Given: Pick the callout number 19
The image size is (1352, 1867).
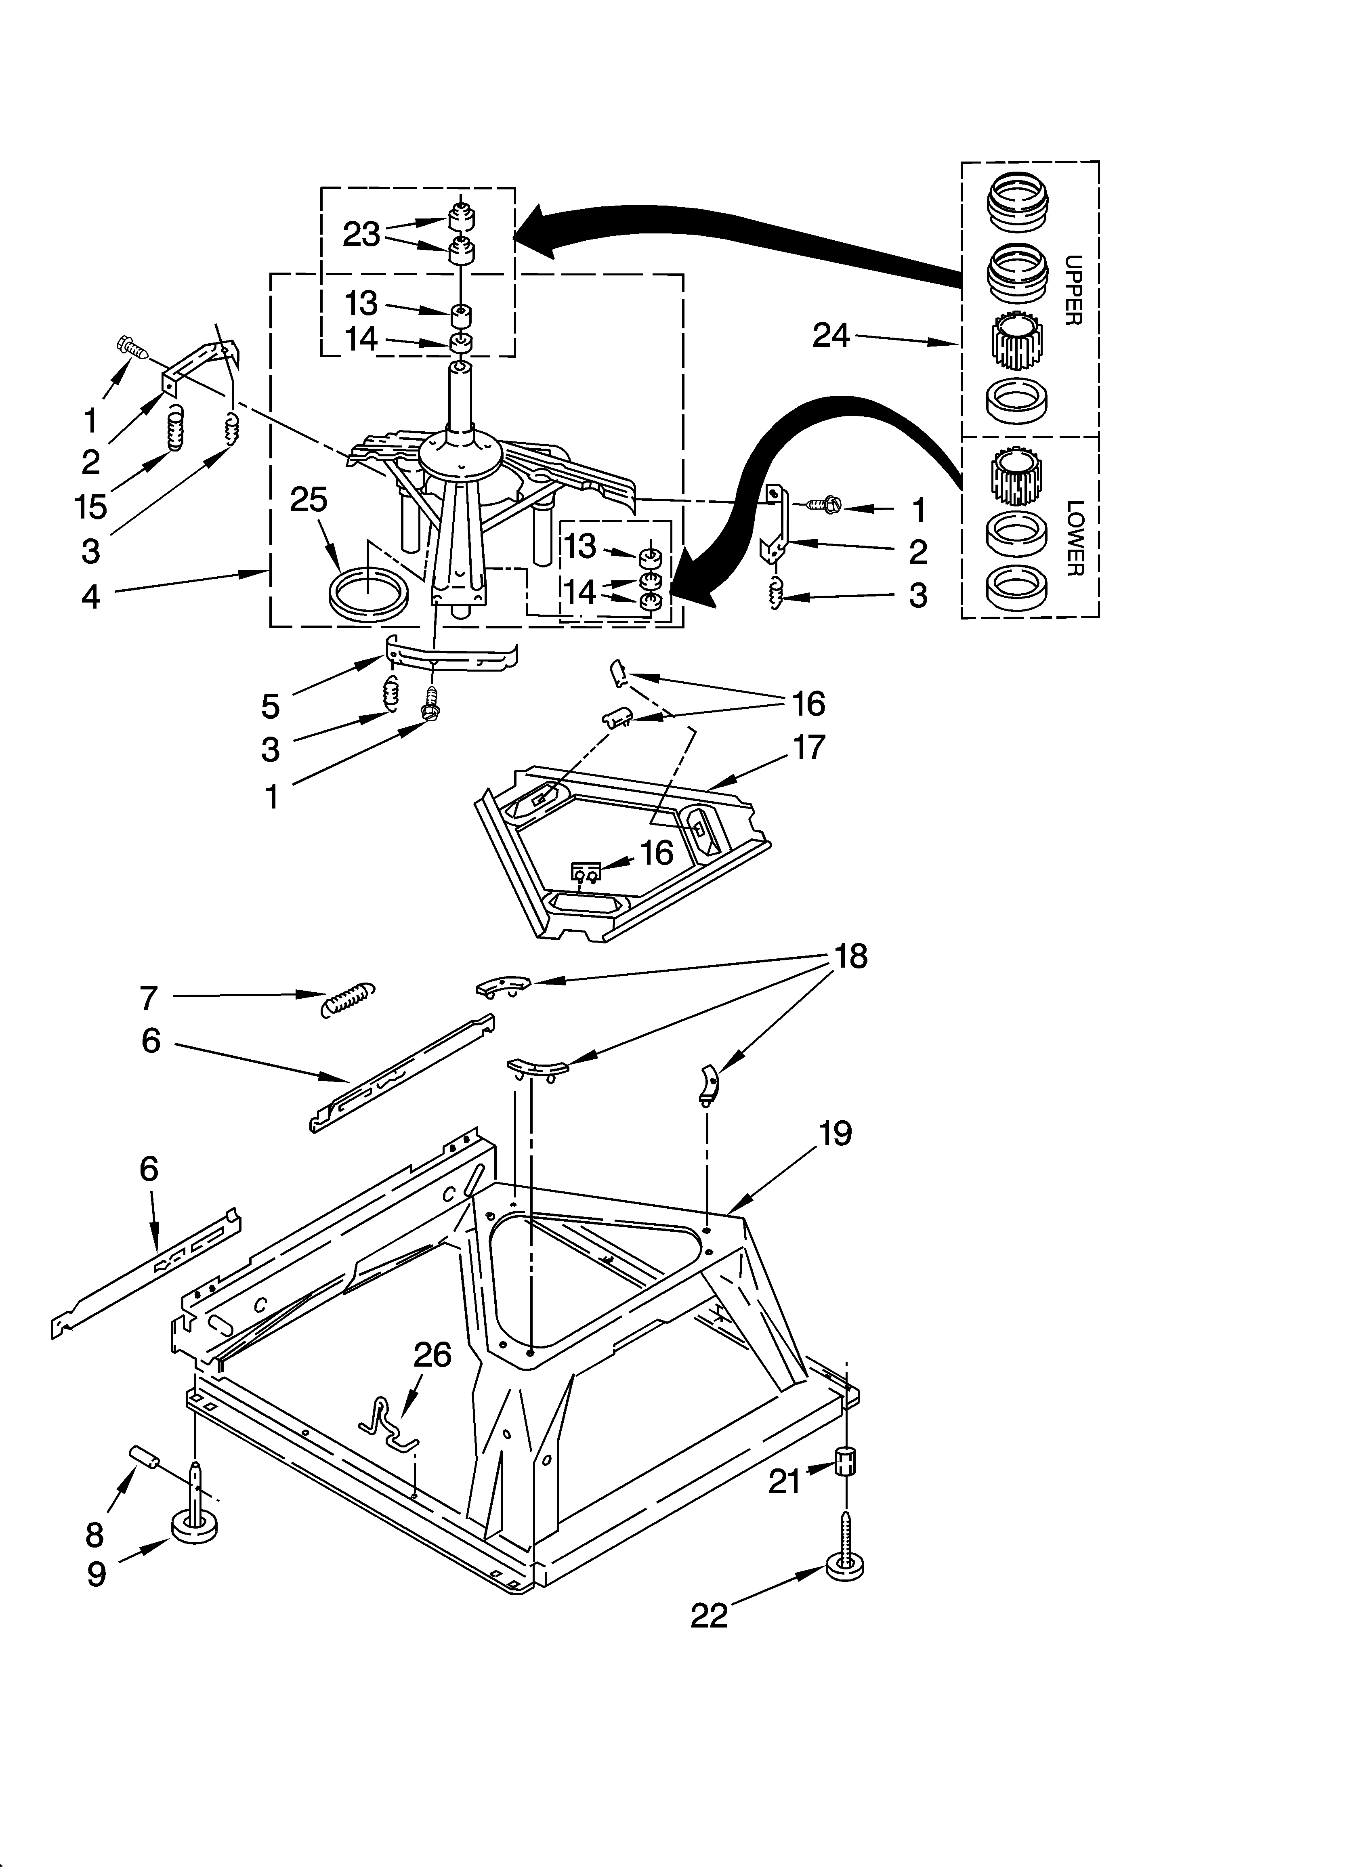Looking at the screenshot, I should [835, 1134].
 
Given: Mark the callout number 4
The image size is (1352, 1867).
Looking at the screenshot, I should [90, 596].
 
